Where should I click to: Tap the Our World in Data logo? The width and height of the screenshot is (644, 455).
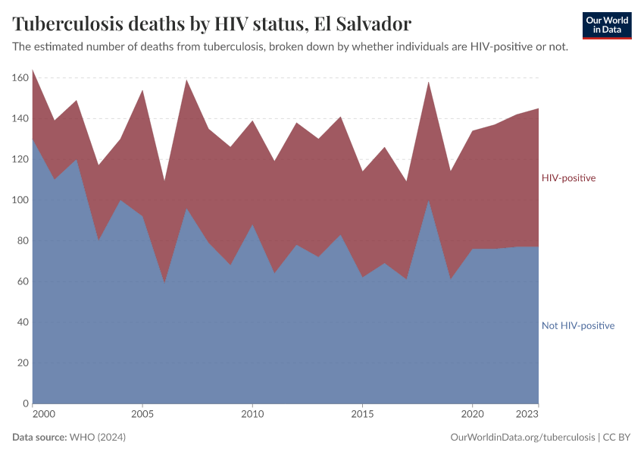[607, 25]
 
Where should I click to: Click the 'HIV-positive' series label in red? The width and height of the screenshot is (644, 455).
[568, 178]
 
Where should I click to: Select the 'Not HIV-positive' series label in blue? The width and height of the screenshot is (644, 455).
[577, 325]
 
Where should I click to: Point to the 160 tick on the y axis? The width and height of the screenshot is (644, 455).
[20, 78]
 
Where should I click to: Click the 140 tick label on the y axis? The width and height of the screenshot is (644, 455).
[20, 119]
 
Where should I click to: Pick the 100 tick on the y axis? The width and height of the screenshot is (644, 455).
[20, 200]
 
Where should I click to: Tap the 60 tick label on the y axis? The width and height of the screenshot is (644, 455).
[22, 281]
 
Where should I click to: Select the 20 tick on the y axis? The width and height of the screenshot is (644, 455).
[22, 362]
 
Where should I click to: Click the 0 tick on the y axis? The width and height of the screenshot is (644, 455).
[25, 403]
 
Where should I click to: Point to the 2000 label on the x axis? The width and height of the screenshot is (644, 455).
[43, 415]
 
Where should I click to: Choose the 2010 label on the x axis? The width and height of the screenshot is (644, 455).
[252, 415]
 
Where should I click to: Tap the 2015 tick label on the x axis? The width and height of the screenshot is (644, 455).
[362, 415]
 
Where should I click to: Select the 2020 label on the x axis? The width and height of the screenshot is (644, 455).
[472, 415]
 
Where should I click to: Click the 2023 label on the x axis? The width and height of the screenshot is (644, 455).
[527, 415]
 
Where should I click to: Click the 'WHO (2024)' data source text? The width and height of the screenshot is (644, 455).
[97, 438]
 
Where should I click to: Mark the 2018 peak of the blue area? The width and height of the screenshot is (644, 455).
[429, 201]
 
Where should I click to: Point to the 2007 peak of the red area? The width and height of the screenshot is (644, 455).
[186, 80]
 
